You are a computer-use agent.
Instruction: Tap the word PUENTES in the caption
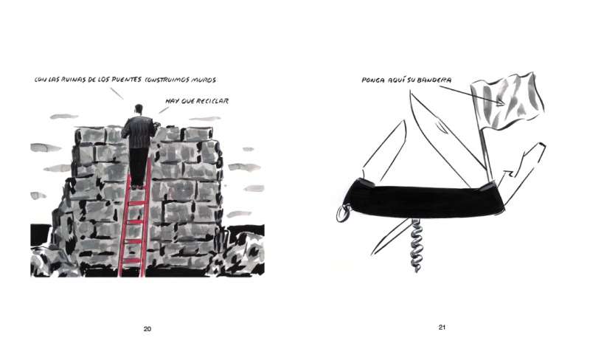pos(127,80)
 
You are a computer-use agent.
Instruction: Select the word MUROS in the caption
pos(204,80)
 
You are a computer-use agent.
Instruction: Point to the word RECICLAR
pos(212,101)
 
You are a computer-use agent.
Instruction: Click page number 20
pos(147,329)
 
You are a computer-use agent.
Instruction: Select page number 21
pos(442,328)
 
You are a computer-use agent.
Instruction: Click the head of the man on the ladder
pos(139,109)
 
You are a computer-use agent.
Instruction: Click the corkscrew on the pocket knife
pos(416,245)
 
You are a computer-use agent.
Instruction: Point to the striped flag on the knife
pos(507,100)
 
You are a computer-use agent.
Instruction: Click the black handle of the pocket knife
pos(426,200)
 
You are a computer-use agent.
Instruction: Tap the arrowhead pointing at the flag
pos(501,103)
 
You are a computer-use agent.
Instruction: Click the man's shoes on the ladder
pos(138,186)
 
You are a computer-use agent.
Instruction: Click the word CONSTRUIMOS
pos(167,80)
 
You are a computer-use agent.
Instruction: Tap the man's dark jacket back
pos(139,132)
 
